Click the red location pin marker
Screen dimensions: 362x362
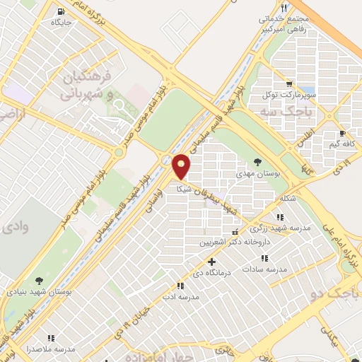click(x=182, y=166)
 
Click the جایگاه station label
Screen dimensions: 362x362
click(x=62, y=22)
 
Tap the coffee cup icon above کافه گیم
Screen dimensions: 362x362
click(x=342, y=133)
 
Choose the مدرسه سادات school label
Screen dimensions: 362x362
click(x=264, y=269)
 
